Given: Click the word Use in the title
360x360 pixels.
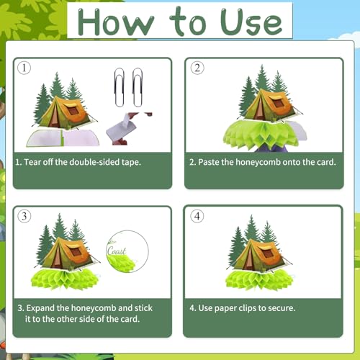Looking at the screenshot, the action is pyautogui.click(x=251, y=22).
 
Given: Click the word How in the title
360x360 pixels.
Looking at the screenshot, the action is pyautogui.click(x=116, y=22).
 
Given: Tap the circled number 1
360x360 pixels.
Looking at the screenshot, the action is pyautogui.click(x=24, y=68).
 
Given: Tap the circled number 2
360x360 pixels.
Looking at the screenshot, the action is pyautogui.click(x=197, y=68).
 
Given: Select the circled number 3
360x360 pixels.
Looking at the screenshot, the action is pyautogui.click(x=24, y=216).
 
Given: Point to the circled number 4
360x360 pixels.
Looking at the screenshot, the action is pyautogui.click(x=197, y=216).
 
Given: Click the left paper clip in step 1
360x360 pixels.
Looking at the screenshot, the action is pyautogui.click(x=120, y=87).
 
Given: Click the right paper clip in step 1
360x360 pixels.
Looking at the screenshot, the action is pyautogui.click(x=138, y=87).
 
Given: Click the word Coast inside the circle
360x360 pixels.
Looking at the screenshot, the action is pyautogui.click(x=117, y=251).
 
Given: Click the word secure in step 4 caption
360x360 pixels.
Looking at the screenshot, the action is pyautogui.click(x=281, y=308).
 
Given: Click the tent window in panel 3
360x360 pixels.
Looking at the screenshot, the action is pyautogui.click(x=76, y=252).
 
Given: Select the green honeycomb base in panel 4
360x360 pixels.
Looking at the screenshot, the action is pyautogui.click(x=259, y=280).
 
